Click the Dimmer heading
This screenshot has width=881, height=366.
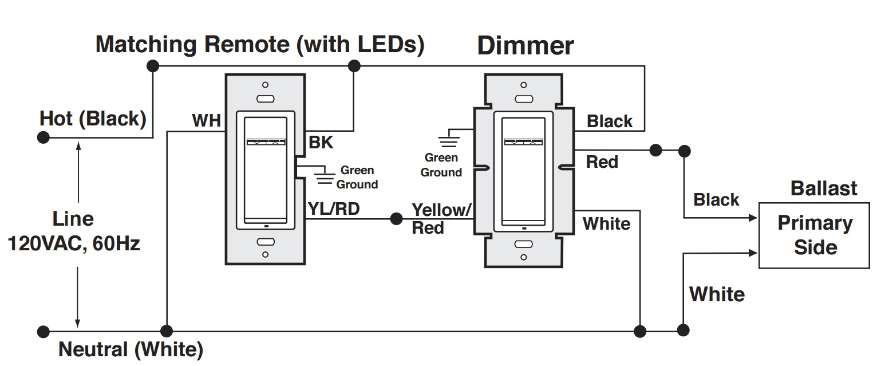point(525,46)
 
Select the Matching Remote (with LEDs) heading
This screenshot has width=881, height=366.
point(259,44)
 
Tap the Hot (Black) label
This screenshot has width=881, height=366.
point(93,119)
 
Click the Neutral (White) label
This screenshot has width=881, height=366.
point(131,349)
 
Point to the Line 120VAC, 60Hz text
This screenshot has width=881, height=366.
point(73,231)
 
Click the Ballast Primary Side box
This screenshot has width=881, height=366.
point(815,235)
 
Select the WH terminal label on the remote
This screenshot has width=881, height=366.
point(206,121)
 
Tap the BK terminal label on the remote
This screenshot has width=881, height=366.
point(321,143)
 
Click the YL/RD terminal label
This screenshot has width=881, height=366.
point(334,209)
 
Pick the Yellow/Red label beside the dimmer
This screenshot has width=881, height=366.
point(441,218)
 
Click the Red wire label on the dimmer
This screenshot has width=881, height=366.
point(602,162)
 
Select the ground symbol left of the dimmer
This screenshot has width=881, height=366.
point(448,139)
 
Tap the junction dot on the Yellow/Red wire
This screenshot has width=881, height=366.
point(396,219)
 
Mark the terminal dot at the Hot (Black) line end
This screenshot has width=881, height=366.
point(42,137)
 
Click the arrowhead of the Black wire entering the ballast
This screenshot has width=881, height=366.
point(753,218)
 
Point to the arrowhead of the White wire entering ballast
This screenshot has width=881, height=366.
point(753,252)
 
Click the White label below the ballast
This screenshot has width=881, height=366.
point(717,294)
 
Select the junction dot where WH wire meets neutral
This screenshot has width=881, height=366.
point(167,331)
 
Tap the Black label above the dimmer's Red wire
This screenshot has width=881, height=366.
point(610,121)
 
